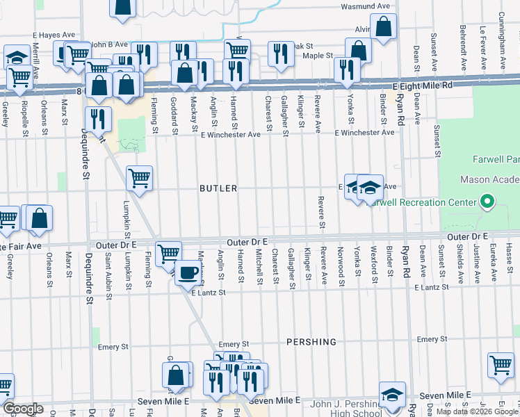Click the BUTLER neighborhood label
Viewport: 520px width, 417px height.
pyautogui.click(x=218, y=188)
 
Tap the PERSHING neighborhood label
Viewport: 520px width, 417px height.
pyautogui.click(x=311, y=342)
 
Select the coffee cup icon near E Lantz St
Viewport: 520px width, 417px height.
pyautogui.click(x=187, y=272)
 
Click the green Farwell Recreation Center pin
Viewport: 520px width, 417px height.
pyautogui.click(x=487, y=203)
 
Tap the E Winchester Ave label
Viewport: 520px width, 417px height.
pyautogui.click(x=364, y=132)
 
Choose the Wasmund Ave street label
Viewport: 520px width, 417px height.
pyautogui.click(x=365, y=6)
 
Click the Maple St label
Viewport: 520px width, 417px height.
pyautogui.click(x=318, y=55)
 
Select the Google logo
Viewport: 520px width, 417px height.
pyautogui.click(x=22, y=409)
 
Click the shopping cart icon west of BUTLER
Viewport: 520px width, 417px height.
pyautogui.click(x=140, y=178)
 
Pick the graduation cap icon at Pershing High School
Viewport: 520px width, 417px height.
pyautogui.click(x=393, y=394)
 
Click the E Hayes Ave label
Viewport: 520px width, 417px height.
pyautogui.click(x=56, y=34)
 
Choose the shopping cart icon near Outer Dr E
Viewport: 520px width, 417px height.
pyautogui.click(x=168, y=254)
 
